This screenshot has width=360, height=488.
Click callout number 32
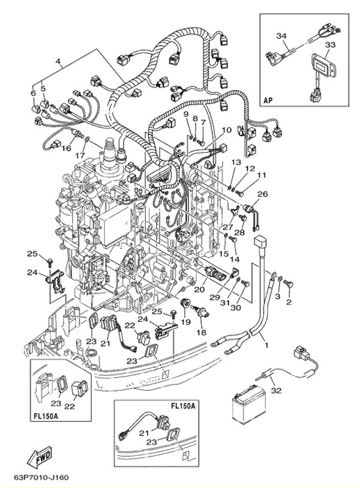(x=275, y=390)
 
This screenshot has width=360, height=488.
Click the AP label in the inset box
(x=268, y=100)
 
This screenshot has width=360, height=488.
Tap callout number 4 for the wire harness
(x=58, y=61)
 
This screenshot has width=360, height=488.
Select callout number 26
(x=262, y=194)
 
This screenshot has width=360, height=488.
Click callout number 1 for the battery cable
(x=266, y=346)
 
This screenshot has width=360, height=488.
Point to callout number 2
(x=289, y=302)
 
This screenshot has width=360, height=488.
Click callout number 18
(x=202, y=332)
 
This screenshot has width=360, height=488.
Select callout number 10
(x=226, y=130)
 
